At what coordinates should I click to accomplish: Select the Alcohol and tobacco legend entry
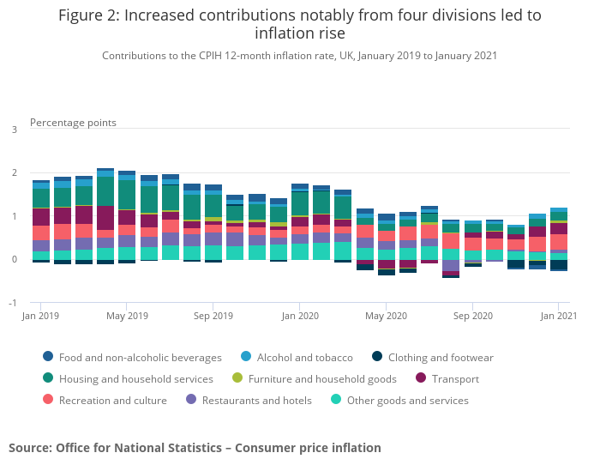click(x=303, y=358)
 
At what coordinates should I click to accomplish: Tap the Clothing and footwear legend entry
click(x=440, y=358)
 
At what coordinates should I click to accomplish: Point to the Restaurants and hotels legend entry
click(x=255, y=401)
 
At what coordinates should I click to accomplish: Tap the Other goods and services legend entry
click(x=407, y=401)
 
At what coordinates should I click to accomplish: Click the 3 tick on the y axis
click(x=14, y=130)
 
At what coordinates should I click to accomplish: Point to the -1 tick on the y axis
click(x=12, y=303)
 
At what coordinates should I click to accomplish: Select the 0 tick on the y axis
click(x=14, y=260)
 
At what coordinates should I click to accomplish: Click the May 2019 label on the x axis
click(x=126, y=317)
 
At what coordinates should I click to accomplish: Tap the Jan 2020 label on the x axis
click(x=299, y=317)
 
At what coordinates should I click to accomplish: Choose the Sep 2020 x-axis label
click(x=472, y=317)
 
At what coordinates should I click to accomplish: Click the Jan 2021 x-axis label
click(x=558, y=317)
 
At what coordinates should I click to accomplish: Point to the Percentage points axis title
click(x=73, y=123)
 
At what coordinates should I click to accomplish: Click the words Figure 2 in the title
click(x=93, y=15)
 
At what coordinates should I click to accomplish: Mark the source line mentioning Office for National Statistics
click(x=195, y=448)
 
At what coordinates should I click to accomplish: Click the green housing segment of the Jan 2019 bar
click(x=41, y=198)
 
